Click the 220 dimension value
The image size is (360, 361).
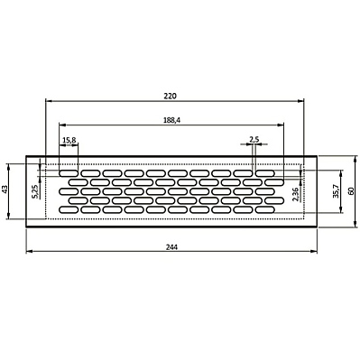click(x=170, y=97)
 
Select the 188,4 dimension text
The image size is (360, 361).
click(x=171, y=120)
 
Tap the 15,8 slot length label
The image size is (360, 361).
click(x=69, y=140)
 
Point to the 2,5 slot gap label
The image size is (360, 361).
click(x=254, y=139)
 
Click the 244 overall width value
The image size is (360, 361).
click(x=171, y=247)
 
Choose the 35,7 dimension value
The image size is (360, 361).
click(x=336, y=191)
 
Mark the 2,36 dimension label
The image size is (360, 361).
click(x=295, y=194)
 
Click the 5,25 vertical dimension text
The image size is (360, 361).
click(x=34, y=191)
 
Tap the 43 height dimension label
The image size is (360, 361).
click(x=5, y=190)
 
